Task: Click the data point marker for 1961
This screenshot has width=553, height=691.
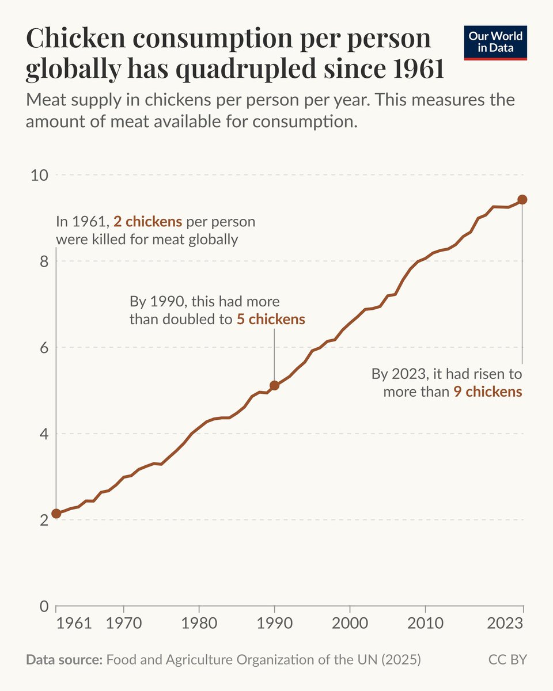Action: (x=56, y=513)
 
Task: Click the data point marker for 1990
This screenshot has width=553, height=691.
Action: (x=274, y=385)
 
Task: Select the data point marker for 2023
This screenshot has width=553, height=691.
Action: (x=522, y=199)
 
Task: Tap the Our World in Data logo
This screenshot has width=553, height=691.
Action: (x=495, y=41)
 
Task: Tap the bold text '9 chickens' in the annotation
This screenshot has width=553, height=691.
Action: (x=487, y=392)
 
